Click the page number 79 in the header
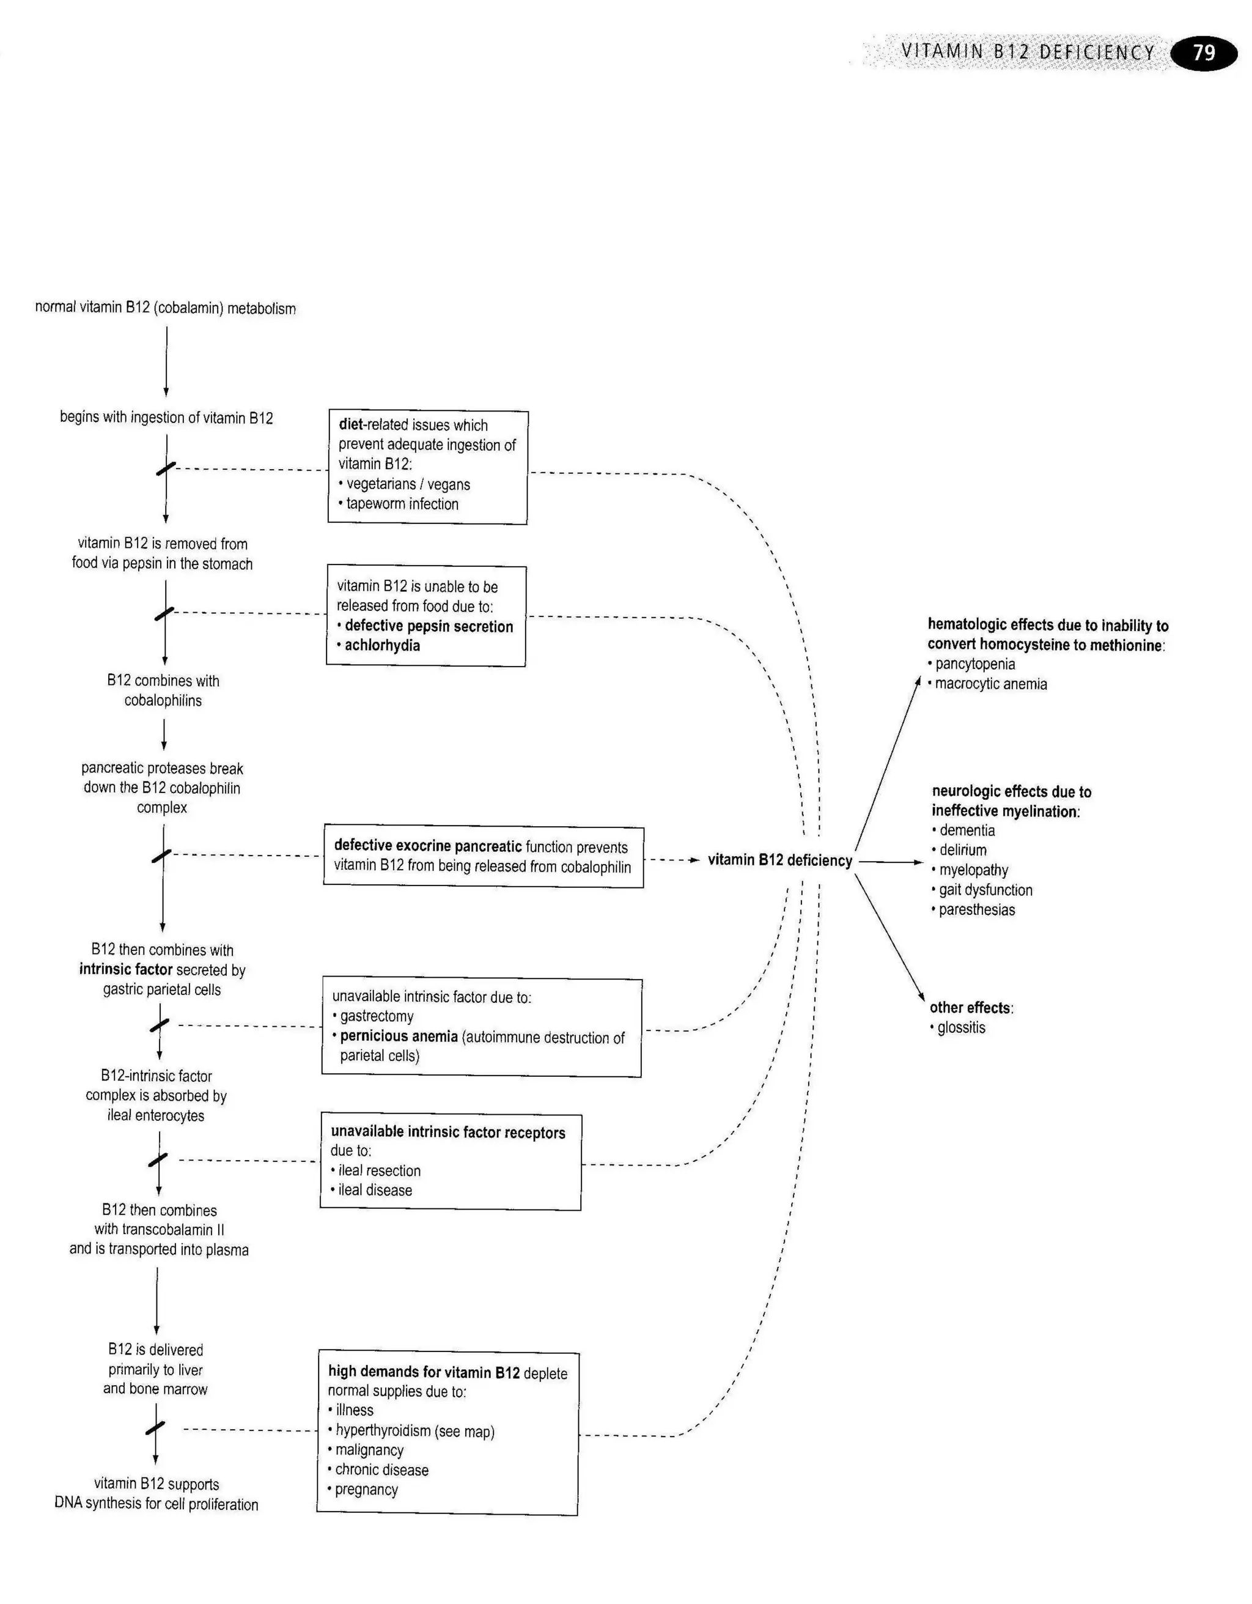[x=1204, y=52]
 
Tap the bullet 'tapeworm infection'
[x=402, y=504]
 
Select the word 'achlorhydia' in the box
[x=382, y=646]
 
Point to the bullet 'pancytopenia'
[x=974, y=664]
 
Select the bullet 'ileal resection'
[x=379, y=1170]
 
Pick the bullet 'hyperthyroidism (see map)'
[x=415, y=1431]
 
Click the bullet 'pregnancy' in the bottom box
[x=366, y=1490]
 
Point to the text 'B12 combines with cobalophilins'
[x=163, y=690]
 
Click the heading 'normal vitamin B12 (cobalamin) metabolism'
[x=165, y=308]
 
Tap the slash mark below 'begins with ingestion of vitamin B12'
[x=166, y=468]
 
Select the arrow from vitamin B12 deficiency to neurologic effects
[x=890, y=862]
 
